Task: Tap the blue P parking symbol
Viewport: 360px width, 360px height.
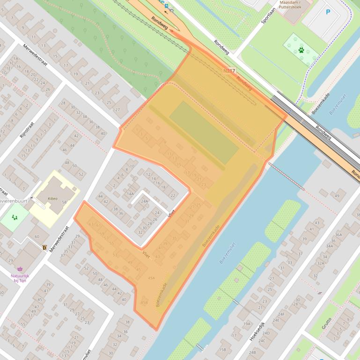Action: tap(328, 12)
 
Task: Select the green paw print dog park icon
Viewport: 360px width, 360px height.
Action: tap(301, 49)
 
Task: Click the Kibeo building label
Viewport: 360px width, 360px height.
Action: tap(52, 198)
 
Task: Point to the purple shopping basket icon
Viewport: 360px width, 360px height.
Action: tap(20, 269)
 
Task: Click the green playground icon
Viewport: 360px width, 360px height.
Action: tap(15, 217)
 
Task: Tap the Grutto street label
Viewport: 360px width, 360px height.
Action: tap(326, 322)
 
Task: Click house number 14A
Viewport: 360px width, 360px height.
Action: tap(130, 193)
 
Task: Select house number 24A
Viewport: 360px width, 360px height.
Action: tap(144, 202)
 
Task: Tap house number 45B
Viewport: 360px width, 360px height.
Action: tap(144, 302)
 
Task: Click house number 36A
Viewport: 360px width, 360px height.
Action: tap(338, 235)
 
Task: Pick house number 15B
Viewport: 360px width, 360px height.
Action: tap(222, 349)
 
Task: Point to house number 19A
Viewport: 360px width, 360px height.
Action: tap(247, 324)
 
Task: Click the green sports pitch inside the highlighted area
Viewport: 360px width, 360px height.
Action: tap(204, 132)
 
